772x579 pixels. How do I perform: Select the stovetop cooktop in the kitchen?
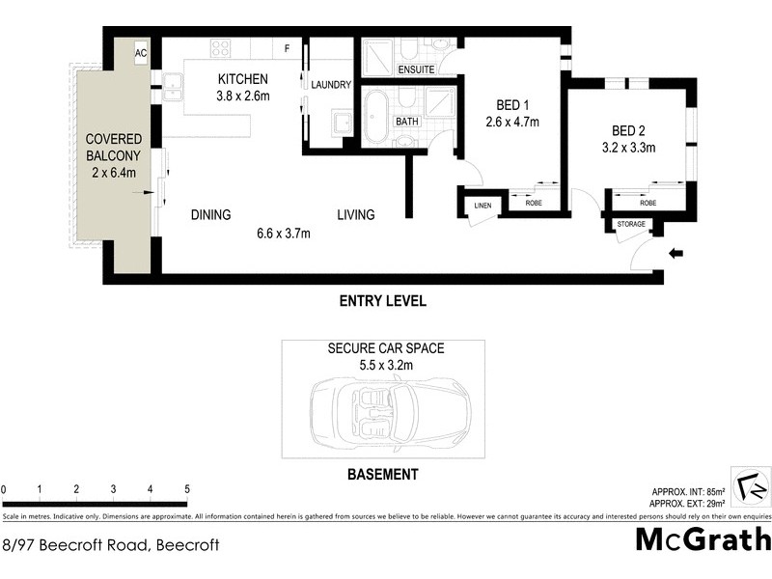click(221, 48)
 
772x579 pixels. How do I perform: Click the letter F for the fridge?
click(287, 47)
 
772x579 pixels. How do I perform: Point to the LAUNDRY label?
click(331, 86)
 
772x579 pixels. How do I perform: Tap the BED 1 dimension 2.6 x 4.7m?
click(511, 122)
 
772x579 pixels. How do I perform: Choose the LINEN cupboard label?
click(482, 205)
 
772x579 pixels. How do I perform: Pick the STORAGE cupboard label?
click(631, 225)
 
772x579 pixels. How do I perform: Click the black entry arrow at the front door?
click(675, 254)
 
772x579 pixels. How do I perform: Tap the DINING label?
click(210, 215)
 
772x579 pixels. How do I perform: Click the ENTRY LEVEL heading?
click(382, 301)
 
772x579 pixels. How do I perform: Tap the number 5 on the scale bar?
click(187, 489)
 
